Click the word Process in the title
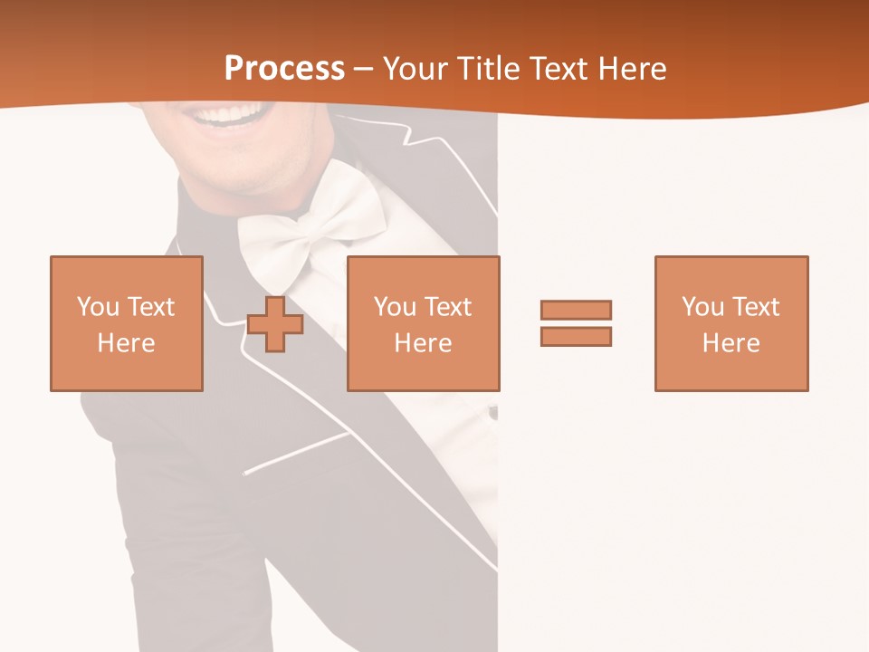(284, 69)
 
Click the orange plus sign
(275, 323)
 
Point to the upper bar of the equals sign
(576, 310)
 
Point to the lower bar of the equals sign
(576, 336)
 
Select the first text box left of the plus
(126, 323)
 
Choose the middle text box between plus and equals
(423, 323)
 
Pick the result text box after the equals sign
(731, 323)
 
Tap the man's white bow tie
(308, 226)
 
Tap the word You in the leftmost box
(98, 307)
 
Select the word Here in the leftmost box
(126, 343)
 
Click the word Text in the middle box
(447, 307)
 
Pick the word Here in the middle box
(423, 343)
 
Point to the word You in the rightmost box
(702, 307)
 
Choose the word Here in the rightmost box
(731, 343)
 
